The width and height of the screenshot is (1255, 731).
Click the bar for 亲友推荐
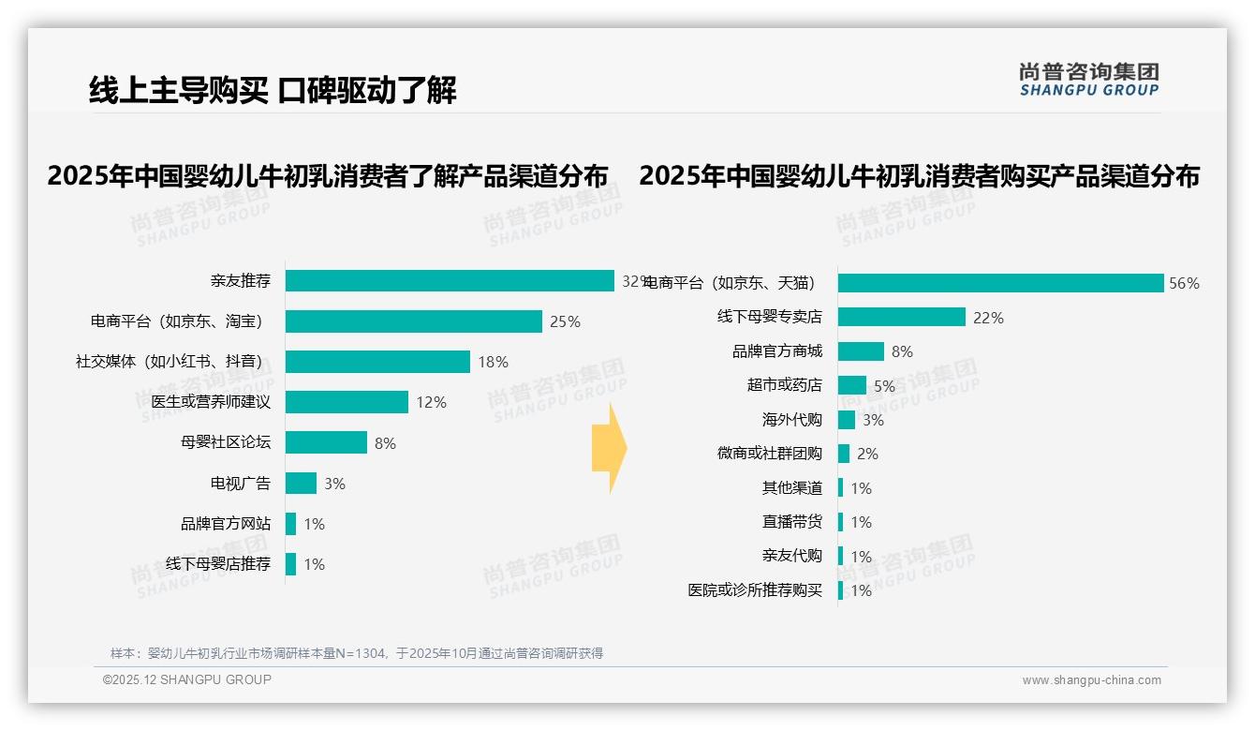(x=450, y=281)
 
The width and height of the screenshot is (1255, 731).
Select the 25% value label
(x=565, y=321)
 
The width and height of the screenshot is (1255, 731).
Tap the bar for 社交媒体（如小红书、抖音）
(x=377, y=362)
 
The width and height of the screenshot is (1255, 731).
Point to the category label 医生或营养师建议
(x=211, y=402)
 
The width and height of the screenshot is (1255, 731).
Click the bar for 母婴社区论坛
(x=326, y=442)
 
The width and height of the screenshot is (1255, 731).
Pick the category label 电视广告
(x=241, y=484)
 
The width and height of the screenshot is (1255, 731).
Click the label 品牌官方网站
(x=226, y=524)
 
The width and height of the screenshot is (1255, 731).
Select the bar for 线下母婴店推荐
(x=291, y=564)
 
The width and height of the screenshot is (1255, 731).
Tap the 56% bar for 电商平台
(x=1000, y=283)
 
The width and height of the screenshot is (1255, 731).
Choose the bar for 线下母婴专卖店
(x=901, y=317)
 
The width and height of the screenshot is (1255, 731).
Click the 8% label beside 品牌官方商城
(x=902, y=351)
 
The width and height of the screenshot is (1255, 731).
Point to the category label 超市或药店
(x=785, y=385)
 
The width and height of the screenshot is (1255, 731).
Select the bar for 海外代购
(x=847, y=420)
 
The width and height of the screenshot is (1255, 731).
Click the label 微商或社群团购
(x=770, y=454)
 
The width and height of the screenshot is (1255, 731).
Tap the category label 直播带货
(x=792, y=522)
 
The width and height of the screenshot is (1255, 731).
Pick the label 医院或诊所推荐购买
(x=755, y=590)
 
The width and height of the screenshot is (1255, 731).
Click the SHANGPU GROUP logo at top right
(x=1089, y=80)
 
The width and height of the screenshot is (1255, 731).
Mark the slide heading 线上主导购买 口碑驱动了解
(x=273, y=91)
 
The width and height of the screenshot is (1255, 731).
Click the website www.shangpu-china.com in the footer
(x=1091, y=680)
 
